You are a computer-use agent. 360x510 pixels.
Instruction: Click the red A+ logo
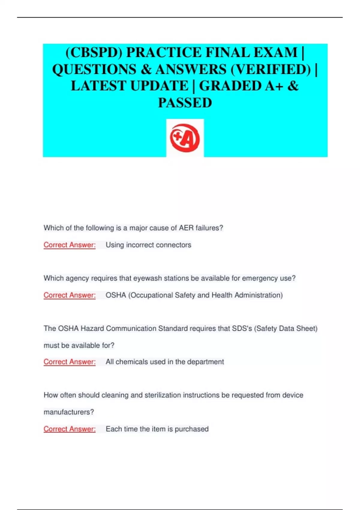(185, 138)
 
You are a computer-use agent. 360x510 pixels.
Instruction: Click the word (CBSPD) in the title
(94, 53)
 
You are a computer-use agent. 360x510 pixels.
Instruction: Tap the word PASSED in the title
(185, 103)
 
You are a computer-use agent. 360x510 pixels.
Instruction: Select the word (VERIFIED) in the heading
(271, 70)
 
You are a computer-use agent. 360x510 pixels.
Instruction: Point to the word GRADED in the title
(230, 86)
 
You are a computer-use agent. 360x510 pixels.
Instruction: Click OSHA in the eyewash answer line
(116, 295)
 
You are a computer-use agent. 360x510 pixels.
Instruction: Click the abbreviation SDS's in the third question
(242, 328)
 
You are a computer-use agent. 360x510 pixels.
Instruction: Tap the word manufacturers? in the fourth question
(69, 412)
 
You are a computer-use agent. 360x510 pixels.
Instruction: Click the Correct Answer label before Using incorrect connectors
(70, 245)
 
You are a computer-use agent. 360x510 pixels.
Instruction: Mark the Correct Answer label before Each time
(70, 429)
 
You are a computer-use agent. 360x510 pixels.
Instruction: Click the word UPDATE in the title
(159, 86)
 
